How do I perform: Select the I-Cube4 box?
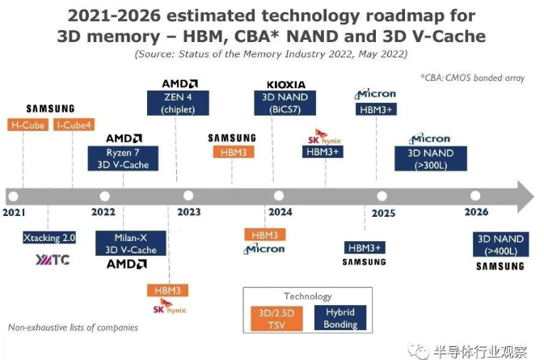(x=74, y=125)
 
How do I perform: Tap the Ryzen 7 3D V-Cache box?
(x=124, y=159)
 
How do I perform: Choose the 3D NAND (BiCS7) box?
(x=279, y=104)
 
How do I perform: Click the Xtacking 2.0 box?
(x=48, y=239)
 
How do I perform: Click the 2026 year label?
(x=477, y=212)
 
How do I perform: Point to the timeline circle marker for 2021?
(x=12, y=196)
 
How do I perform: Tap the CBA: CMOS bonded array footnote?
(x=472, y=78)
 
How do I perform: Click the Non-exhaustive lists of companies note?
(x=73, y=328)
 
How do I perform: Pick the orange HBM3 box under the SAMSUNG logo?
(x=231, y=151)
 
